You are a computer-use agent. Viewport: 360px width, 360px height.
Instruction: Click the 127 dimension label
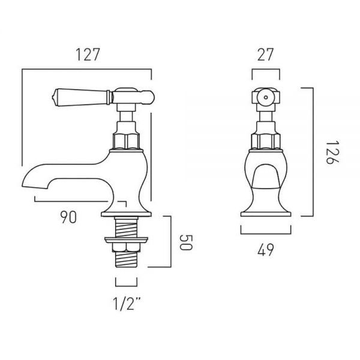pyautogui.click(x=88, y=55)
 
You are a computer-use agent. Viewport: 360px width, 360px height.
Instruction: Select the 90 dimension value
pyautogui.click(x=68, y=217)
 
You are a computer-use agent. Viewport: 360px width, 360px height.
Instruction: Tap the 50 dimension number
pyautogui.click(x=185, y=242)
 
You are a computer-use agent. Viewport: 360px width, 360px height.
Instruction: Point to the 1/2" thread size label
pyautogui.click(x=127, y=304)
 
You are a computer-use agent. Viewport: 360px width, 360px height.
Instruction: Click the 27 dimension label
pyautogui.click(x=265, y=55)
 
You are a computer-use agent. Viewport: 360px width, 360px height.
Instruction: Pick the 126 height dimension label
pyautogui.click(x=332, y=152)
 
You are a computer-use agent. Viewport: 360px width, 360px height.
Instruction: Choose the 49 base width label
pyautogui.click(x=266, y=250)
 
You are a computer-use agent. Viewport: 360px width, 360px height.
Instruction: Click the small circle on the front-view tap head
pyautogui.click(x=266, y=97)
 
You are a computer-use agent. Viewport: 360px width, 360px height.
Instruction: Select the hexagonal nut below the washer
pyautogui.click(x=126, y=247)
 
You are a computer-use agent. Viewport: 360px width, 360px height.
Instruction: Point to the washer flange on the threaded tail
pyautogui.click(x=126, y=240)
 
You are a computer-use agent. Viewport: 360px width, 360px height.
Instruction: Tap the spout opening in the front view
pyautogui.click(x=266, y=176)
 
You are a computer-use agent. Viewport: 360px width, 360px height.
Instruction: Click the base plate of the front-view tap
pyautogui.click(x=266, y=214)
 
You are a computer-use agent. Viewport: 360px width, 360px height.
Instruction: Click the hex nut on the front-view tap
pyautogui.click(x=266, y=141)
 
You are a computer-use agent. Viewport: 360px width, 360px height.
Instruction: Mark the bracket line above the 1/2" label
pyautogui.click(x=126, y=286)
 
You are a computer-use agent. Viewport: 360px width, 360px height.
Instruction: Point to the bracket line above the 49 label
pyautogui.click(x=266, y=234)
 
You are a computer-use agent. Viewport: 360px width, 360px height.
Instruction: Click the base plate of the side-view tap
pyautogui.click(x=126, y=214)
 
